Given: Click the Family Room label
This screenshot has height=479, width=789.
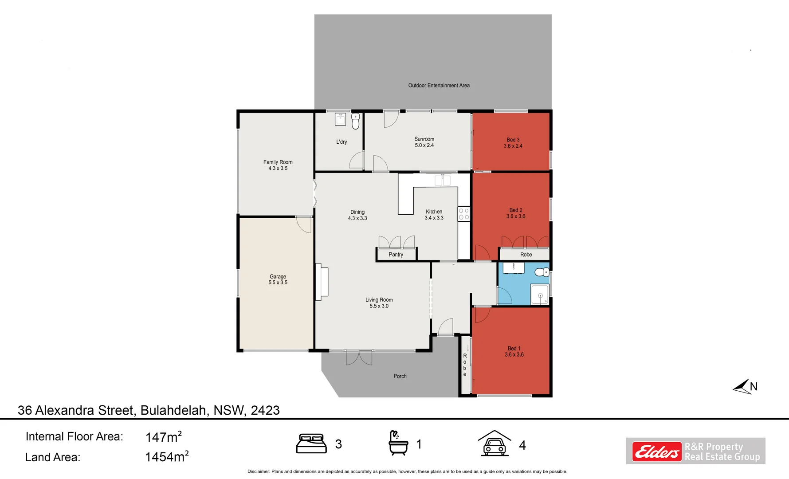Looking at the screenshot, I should (278, 162).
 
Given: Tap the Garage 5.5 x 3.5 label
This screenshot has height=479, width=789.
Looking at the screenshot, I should (278, 279).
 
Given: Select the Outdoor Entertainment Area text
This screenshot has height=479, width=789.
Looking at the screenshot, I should (439, 85).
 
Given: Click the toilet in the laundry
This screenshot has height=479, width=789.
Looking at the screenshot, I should (355, 121).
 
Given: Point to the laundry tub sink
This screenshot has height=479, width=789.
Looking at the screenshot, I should (340, 119).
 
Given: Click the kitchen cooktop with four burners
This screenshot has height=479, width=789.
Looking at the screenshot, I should (463, 214).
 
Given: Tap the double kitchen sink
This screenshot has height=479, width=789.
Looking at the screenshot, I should (442, 180).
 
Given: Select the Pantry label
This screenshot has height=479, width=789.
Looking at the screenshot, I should (396, 255).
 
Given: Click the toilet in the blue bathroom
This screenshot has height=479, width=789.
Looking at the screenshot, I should (541, 272).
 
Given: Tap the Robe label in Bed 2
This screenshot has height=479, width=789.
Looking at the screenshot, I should (526, 255).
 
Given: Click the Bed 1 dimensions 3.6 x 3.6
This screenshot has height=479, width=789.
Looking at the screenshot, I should (514, 355).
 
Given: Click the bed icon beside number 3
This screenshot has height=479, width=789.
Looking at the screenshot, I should (311, 444).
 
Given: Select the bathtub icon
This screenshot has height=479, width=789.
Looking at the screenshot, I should (398, 443).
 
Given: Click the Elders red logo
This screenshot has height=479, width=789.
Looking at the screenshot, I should (656, 452).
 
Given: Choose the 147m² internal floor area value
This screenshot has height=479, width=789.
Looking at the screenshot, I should (163, 437).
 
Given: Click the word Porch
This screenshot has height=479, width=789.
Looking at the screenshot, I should (400, 376).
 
